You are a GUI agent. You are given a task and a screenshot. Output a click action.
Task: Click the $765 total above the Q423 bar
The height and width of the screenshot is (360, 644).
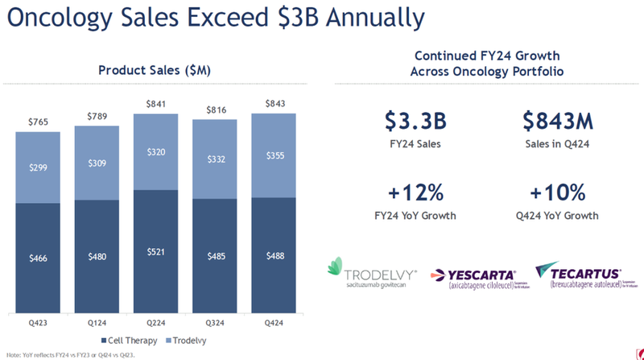[x=38, y=121]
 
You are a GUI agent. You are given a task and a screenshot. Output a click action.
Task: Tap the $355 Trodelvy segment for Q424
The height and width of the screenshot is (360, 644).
[x=274, y=156]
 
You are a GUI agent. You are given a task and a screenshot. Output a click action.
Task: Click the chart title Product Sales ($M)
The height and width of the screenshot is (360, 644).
[x=155, y=70]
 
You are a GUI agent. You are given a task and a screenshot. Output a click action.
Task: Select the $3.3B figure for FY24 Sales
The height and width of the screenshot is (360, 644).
[x=412, y=123]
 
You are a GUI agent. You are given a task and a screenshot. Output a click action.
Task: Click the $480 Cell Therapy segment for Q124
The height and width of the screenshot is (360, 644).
[x=97, y=257]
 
